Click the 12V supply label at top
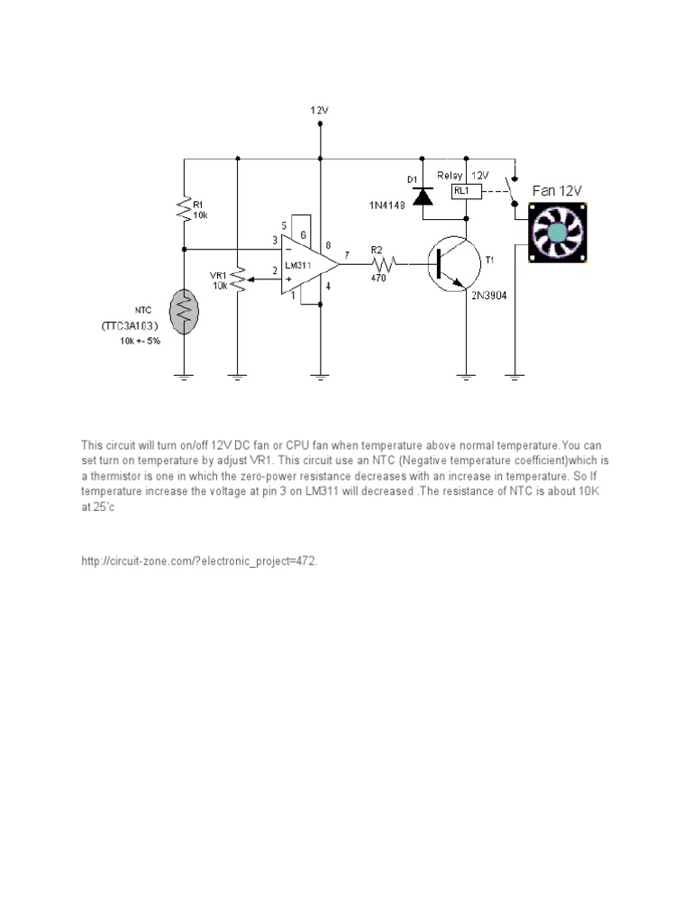pos(320,110)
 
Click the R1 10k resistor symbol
pos(184,210)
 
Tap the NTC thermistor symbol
pos(184,312)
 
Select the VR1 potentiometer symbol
pos(237,279)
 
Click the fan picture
pos(557,232)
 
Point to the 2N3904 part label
pos(487,294)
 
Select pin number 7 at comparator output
pos(347,255)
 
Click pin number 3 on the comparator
pos(275,240)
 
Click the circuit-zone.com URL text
pos(199,561)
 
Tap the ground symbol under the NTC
pos(184,376)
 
